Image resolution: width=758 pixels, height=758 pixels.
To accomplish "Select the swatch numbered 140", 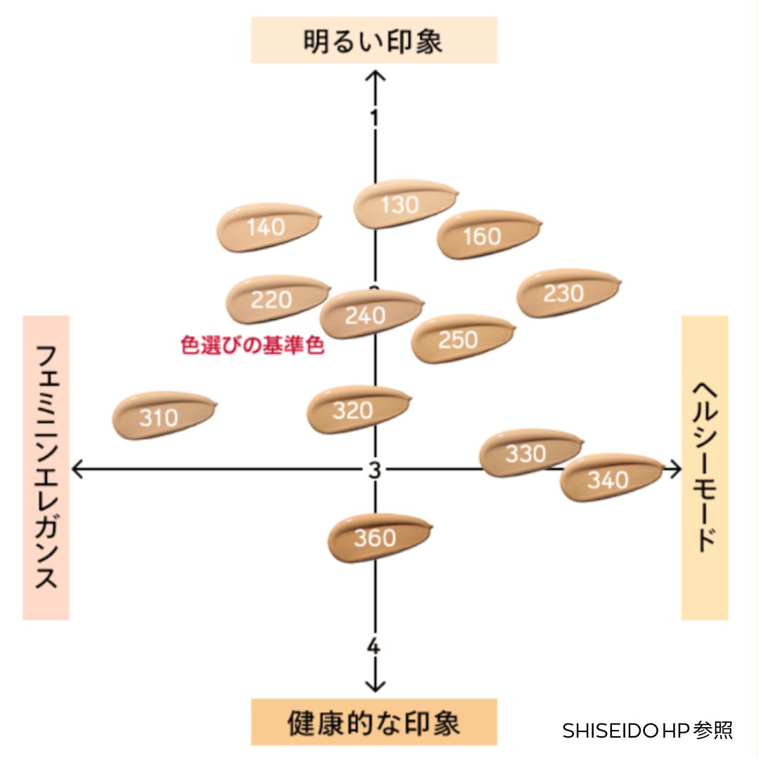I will (267, 227).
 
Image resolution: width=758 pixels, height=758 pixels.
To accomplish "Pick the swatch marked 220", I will (272, 300).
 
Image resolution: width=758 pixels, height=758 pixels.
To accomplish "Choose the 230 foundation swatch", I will (564, 293).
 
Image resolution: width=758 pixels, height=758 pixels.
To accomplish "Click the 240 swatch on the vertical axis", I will (366, 315).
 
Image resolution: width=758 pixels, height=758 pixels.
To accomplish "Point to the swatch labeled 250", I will (459, 339).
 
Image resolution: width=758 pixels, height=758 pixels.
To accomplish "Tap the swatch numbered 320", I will (354, 410).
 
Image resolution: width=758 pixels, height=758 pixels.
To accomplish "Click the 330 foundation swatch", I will (526, 454).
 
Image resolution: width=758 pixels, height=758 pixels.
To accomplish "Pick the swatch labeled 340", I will (608, 479).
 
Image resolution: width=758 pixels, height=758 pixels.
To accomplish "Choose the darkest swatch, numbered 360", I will (376, 538).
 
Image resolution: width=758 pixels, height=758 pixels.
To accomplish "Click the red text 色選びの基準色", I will (253, 345).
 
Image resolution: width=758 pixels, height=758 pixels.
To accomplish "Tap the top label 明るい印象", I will (374, 41).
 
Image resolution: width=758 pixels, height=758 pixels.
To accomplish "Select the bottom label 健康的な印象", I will (374, 723).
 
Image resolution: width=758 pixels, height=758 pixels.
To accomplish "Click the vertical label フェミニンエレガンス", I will (46, 467).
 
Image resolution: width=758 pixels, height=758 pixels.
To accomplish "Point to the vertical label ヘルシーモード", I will (705, 467).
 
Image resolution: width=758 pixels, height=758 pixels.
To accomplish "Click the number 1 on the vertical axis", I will (375, 117).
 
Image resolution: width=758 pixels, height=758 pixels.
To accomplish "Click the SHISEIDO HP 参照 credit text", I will (647, 731).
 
